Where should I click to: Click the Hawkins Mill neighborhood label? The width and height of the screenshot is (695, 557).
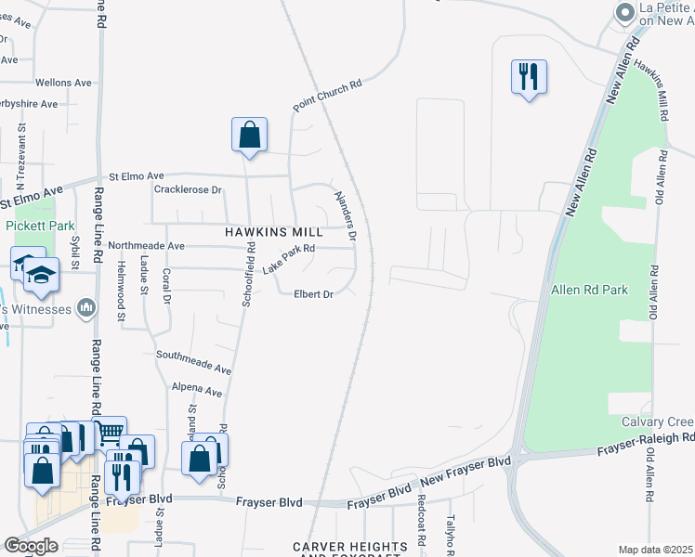coord(274,231)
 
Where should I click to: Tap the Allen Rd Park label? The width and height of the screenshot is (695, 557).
coord(589,290)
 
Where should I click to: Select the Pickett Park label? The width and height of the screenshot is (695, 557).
coord(39,226)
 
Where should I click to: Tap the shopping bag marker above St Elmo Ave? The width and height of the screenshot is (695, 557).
coord(249,135)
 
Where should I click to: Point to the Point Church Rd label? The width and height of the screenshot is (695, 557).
coord(327,97)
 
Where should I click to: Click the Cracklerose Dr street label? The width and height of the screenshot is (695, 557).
coord(187,190)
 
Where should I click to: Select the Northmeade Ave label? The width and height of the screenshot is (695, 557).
coord(147,246)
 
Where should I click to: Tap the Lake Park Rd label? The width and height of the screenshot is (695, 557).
coord(289,258)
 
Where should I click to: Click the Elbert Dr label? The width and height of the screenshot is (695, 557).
coord(313,294)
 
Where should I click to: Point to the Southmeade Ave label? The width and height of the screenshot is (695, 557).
coord(193,356)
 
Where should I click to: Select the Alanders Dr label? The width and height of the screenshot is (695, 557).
coord(345,216)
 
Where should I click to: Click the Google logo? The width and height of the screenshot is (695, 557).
coord(31,546)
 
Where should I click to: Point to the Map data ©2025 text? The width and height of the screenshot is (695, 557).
coord(654,550)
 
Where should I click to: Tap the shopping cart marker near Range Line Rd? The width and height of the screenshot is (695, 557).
coord(109,432)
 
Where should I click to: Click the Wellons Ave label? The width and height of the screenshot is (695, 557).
coord(63,83)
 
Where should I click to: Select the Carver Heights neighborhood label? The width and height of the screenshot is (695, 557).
coord(350,547)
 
